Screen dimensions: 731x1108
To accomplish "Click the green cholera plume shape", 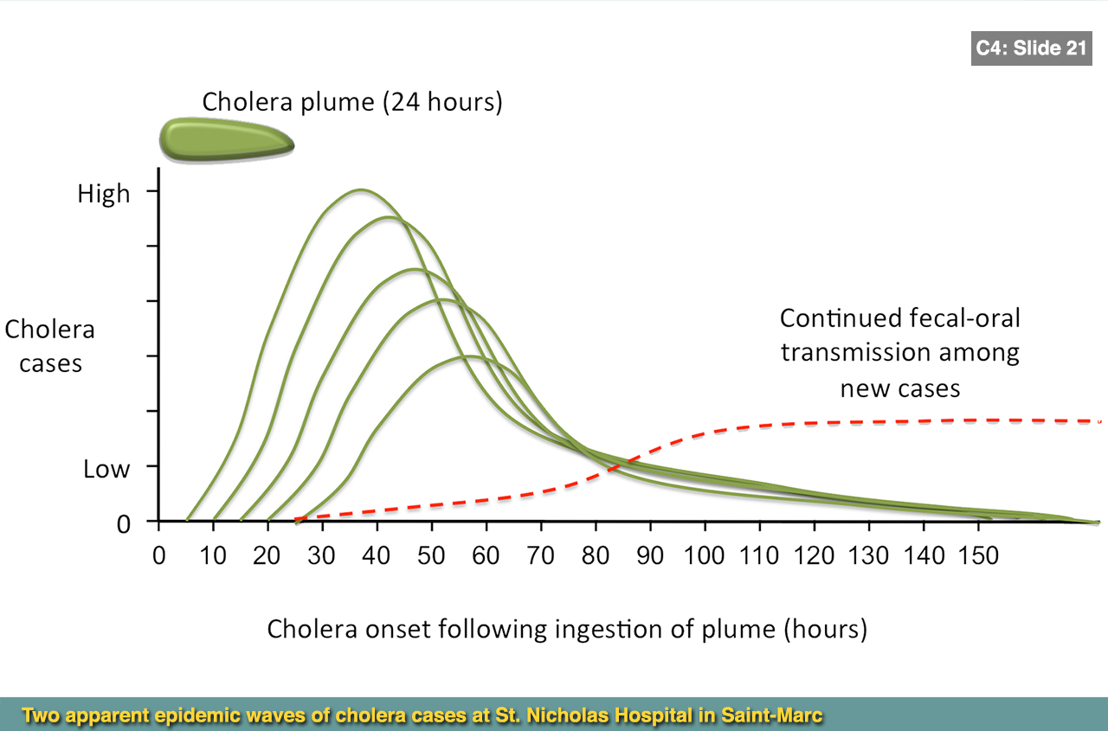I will [226, 138].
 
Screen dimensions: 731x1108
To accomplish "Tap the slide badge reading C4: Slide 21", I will [1030, 48].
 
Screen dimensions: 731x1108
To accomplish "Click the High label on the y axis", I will [104, 194].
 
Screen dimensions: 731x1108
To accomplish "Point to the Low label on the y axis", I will [106, 470].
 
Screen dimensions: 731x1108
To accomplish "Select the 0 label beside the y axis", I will [125, 523].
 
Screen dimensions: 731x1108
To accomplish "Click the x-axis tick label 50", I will [431, 555].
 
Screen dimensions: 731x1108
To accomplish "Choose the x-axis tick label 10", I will [212, 555].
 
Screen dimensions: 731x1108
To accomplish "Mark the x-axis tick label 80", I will [595, 555].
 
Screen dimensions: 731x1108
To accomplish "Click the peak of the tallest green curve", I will [359, 189].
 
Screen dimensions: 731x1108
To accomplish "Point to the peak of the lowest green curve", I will [467, 356].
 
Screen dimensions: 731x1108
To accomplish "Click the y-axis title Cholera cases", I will [49, 346].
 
